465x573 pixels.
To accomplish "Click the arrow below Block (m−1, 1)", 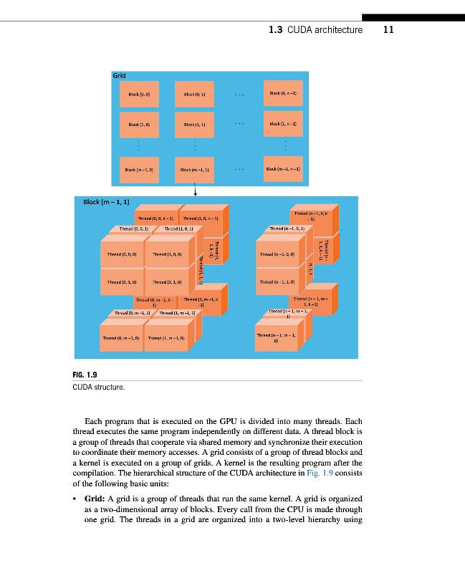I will coord(196,188).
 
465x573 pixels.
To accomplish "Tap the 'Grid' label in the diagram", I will coord(119,75).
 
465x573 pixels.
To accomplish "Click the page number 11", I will coord(389,30).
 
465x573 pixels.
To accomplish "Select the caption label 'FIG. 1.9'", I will coord(85,374).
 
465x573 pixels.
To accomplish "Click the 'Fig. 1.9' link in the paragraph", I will coord(321,473).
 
